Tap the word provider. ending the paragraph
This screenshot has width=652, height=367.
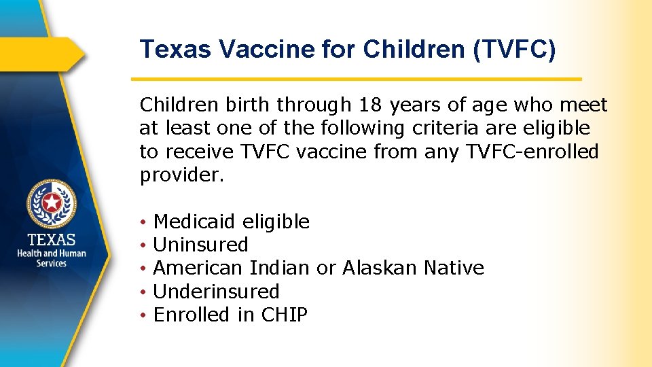(181, 175)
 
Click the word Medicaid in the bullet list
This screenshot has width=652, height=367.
(194, 222)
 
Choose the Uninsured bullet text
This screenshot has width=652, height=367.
(201, 245)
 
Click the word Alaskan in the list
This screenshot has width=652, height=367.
(380, 268)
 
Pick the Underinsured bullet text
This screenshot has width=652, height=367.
(217, 292)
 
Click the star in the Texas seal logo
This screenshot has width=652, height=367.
(52, 203)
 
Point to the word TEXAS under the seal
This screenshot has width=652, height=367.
(52, 240)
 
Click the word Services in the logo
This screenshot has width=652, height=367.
(52, 263)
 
